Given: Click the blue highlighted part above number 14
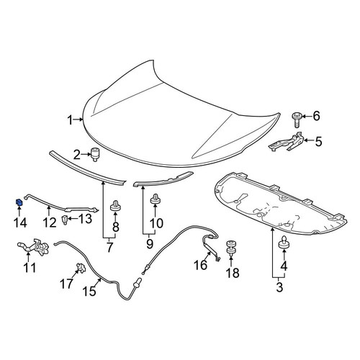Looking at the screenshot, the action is point(19,202).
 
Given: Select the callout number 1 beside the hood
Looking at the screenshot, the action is point(70,120).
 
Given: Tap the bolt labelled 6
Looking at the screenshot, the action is point(297,120).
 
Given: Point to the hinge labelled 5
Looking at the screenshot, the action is point(287,143).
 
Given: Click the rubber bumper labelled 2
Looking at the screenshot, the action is point(95,155).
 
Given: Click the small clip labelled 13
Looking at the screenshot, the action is point(64,220).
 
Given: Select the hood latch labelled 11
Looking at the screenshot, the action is point(34,247).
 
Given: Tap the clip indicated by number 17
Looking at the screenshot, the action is point(81,268).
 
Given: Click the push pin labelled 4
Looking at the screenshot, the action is point(284,243).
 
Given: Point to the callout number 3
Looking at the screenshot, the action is point(279,287).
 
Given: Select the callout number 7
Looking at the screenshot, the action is point(109,248).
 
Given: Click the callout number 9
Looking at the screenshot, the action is point(149,244).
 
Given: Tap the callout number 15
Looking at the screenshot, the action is point(89,292).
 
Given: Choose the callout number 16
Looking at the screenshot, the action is point(201,265).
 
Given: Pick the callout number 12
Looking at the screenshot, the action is point(50,222).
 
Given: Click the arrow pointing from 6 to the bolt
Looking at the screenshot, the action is point(306,117).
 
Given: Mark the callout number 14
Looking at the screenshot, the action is point(20,223).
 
